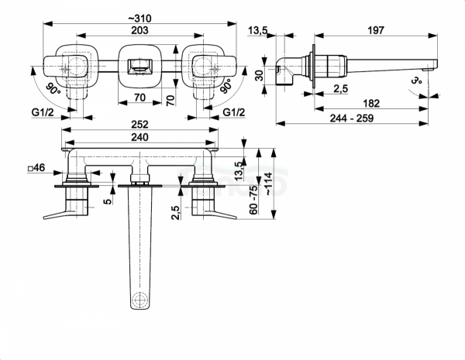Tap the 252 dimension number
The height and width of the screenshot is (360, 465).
pyautogui.click(x=139, y=124)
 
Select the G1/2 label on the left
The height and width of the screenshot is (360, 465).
pyautogui.click(x=44, y=113)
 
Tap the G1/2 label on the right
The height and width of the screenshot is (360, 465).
pyautogui.click(x=234, y=113)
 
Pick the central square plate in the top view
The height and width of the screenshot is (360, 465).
pyautogui.click(x=138, y=65)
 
